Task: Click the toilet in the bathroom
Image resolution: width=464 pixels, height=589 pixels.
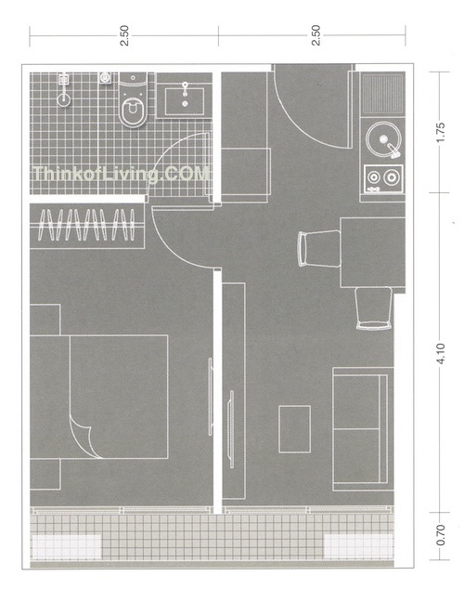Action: click(x=133, y=99)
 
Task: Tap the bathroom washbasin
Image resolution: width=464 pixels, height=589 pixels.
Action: click(x=185, y=100)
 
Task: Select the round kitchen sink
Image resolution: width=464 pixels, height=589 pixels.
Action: click(x=383, y=139)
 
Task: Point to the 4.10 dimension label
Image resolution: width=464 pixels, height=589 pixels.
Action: click(x=441, y=353)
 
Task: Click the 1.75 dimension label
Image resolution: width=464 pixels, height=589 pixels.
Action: click(x=441, y=132)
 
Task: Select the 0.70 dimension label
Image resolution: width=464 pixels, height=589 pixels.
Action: click(x=441, y=535)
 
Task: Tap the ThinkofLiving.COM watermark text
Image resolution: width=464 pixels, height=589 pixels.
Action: click(x=121, y=175)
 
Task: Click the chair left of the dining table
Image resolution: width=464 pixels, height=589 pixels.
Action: click(x=319, y=248)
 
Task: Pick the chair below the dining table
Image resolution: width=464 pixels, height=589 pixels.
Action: click(x=374, y=308)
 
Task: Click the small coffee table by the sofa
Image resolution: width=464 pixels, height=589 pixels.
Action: click(x=294, y=428)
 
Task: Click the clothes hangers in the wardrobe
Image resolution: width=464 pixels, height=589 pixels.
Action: click(x=86, y=225)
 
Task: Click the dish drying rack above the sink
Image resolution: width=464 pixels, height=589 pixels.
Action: click(x=382, y=94)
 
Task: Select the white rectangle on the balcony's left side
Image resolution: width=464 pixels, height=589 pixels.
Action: click(x=67, y=546)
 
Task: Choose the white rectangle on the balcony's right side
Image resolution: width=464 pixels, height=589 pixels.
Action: click(x=358, y=545)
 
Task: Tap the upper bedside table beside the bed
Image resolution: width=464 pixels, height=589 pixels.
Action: click(x=45, y=320)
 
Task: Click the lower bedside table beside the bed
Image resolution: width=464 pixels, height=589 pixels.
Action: click(x=45, y=474)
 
